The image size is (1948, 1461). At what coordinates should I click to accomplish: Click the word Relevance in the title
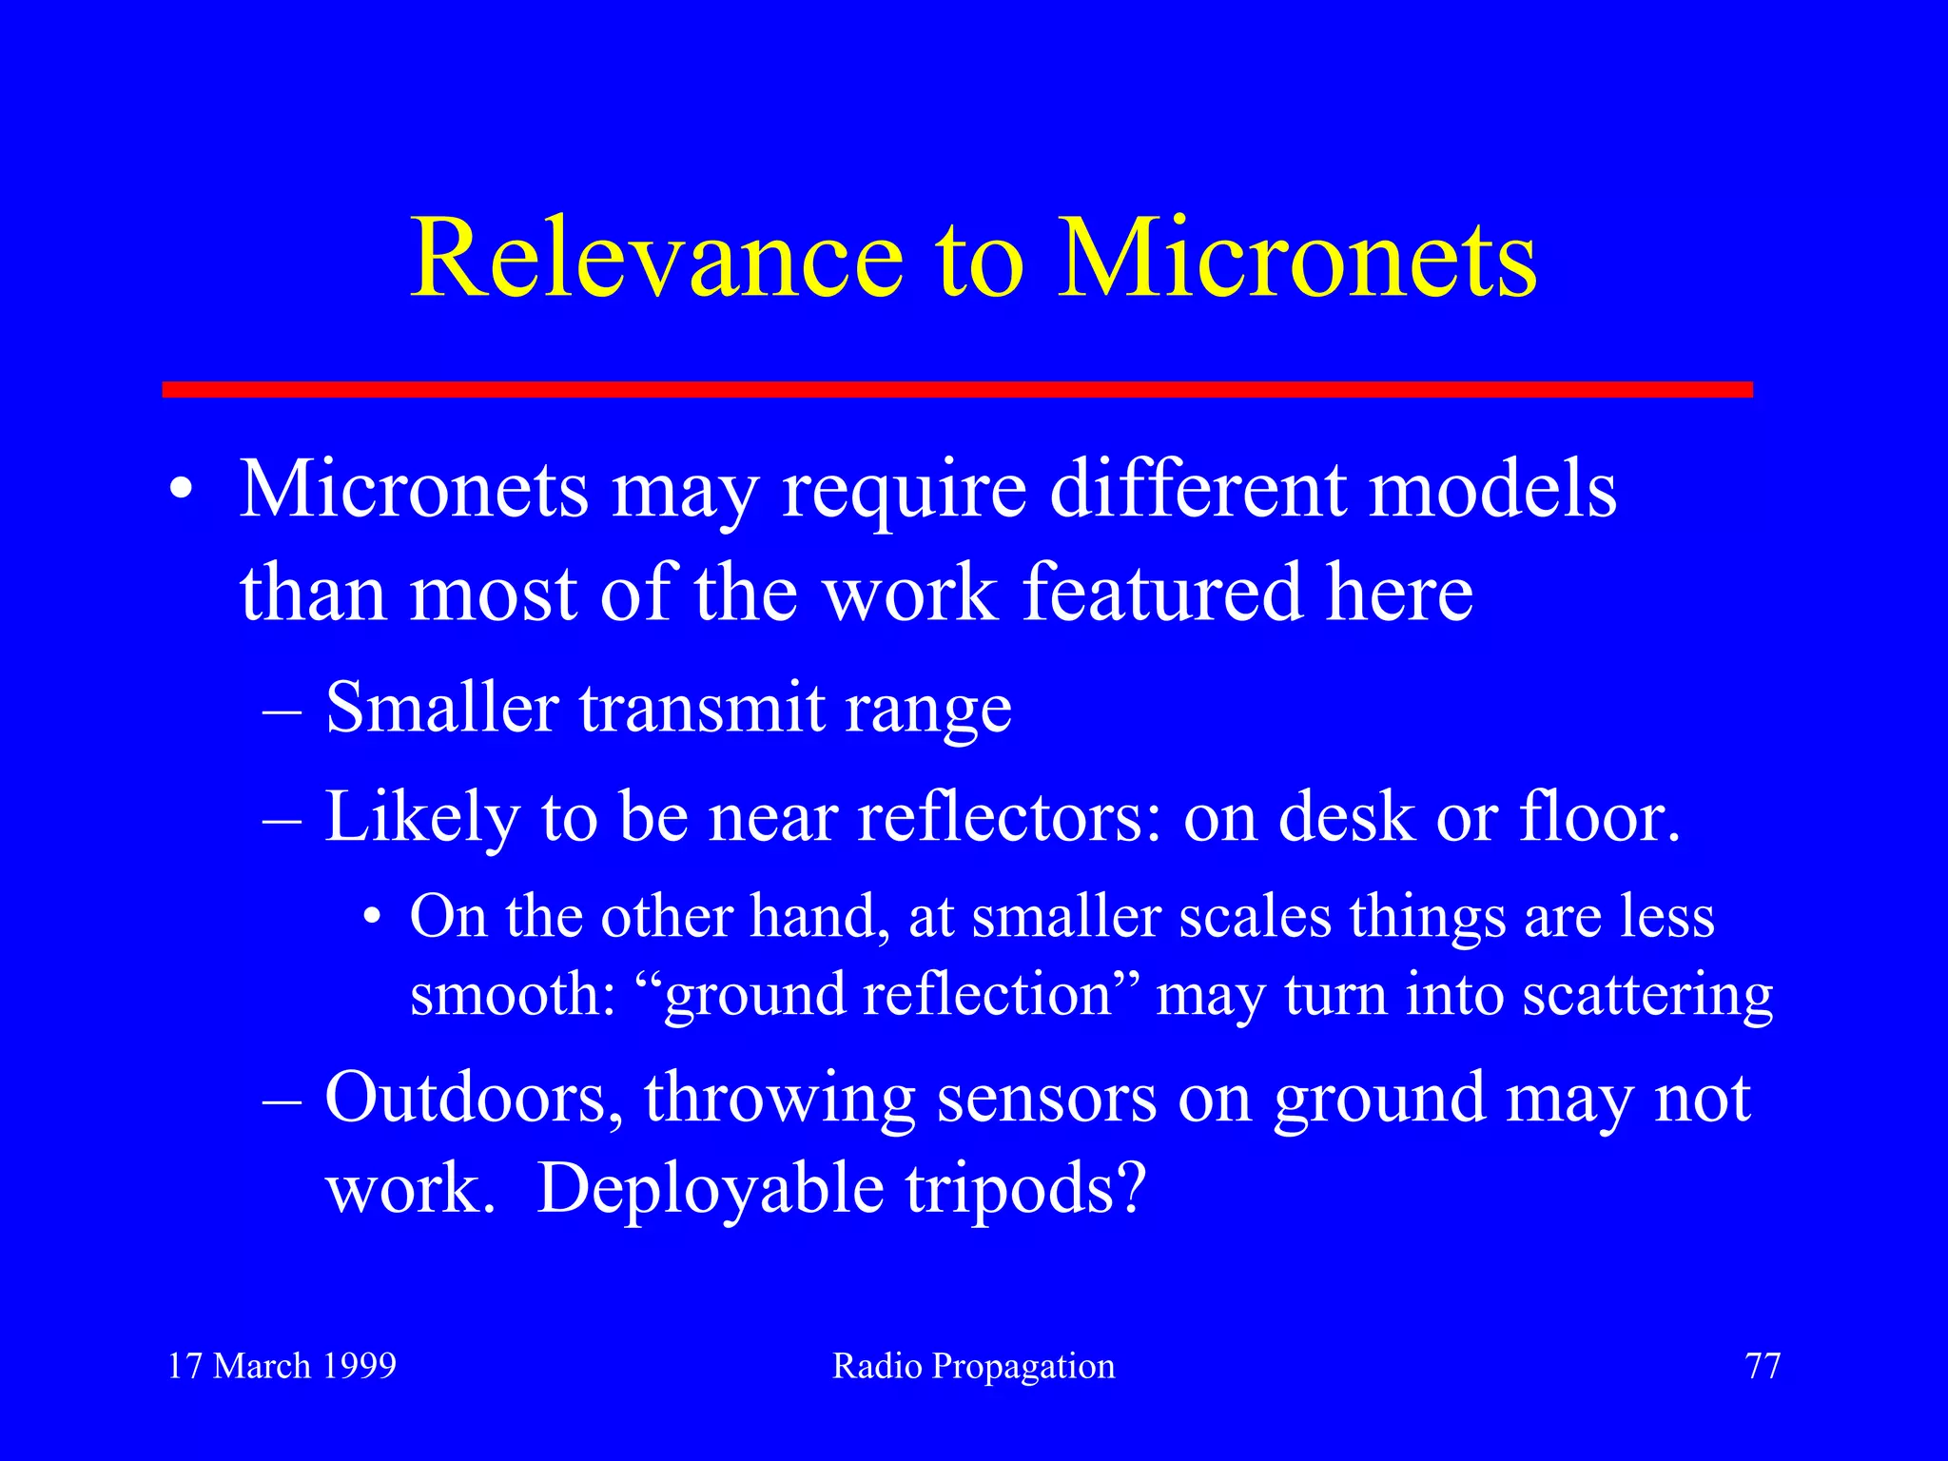656,259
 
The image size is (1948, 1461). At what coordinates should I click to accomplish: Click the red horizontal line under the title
957,389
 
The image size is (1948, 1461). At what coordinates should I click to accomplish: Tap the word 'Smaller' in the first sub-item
441,708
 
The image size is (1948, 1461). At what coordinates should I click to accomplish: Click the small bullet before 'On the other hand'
373,919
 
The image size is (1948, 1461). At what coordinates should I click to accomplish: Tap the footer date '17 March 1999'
282,1366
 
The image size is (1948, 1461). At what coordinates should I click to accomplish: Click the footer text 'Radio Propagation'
973,1367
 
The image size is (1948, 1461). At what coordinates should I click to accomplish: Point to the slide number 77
1763,1366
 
